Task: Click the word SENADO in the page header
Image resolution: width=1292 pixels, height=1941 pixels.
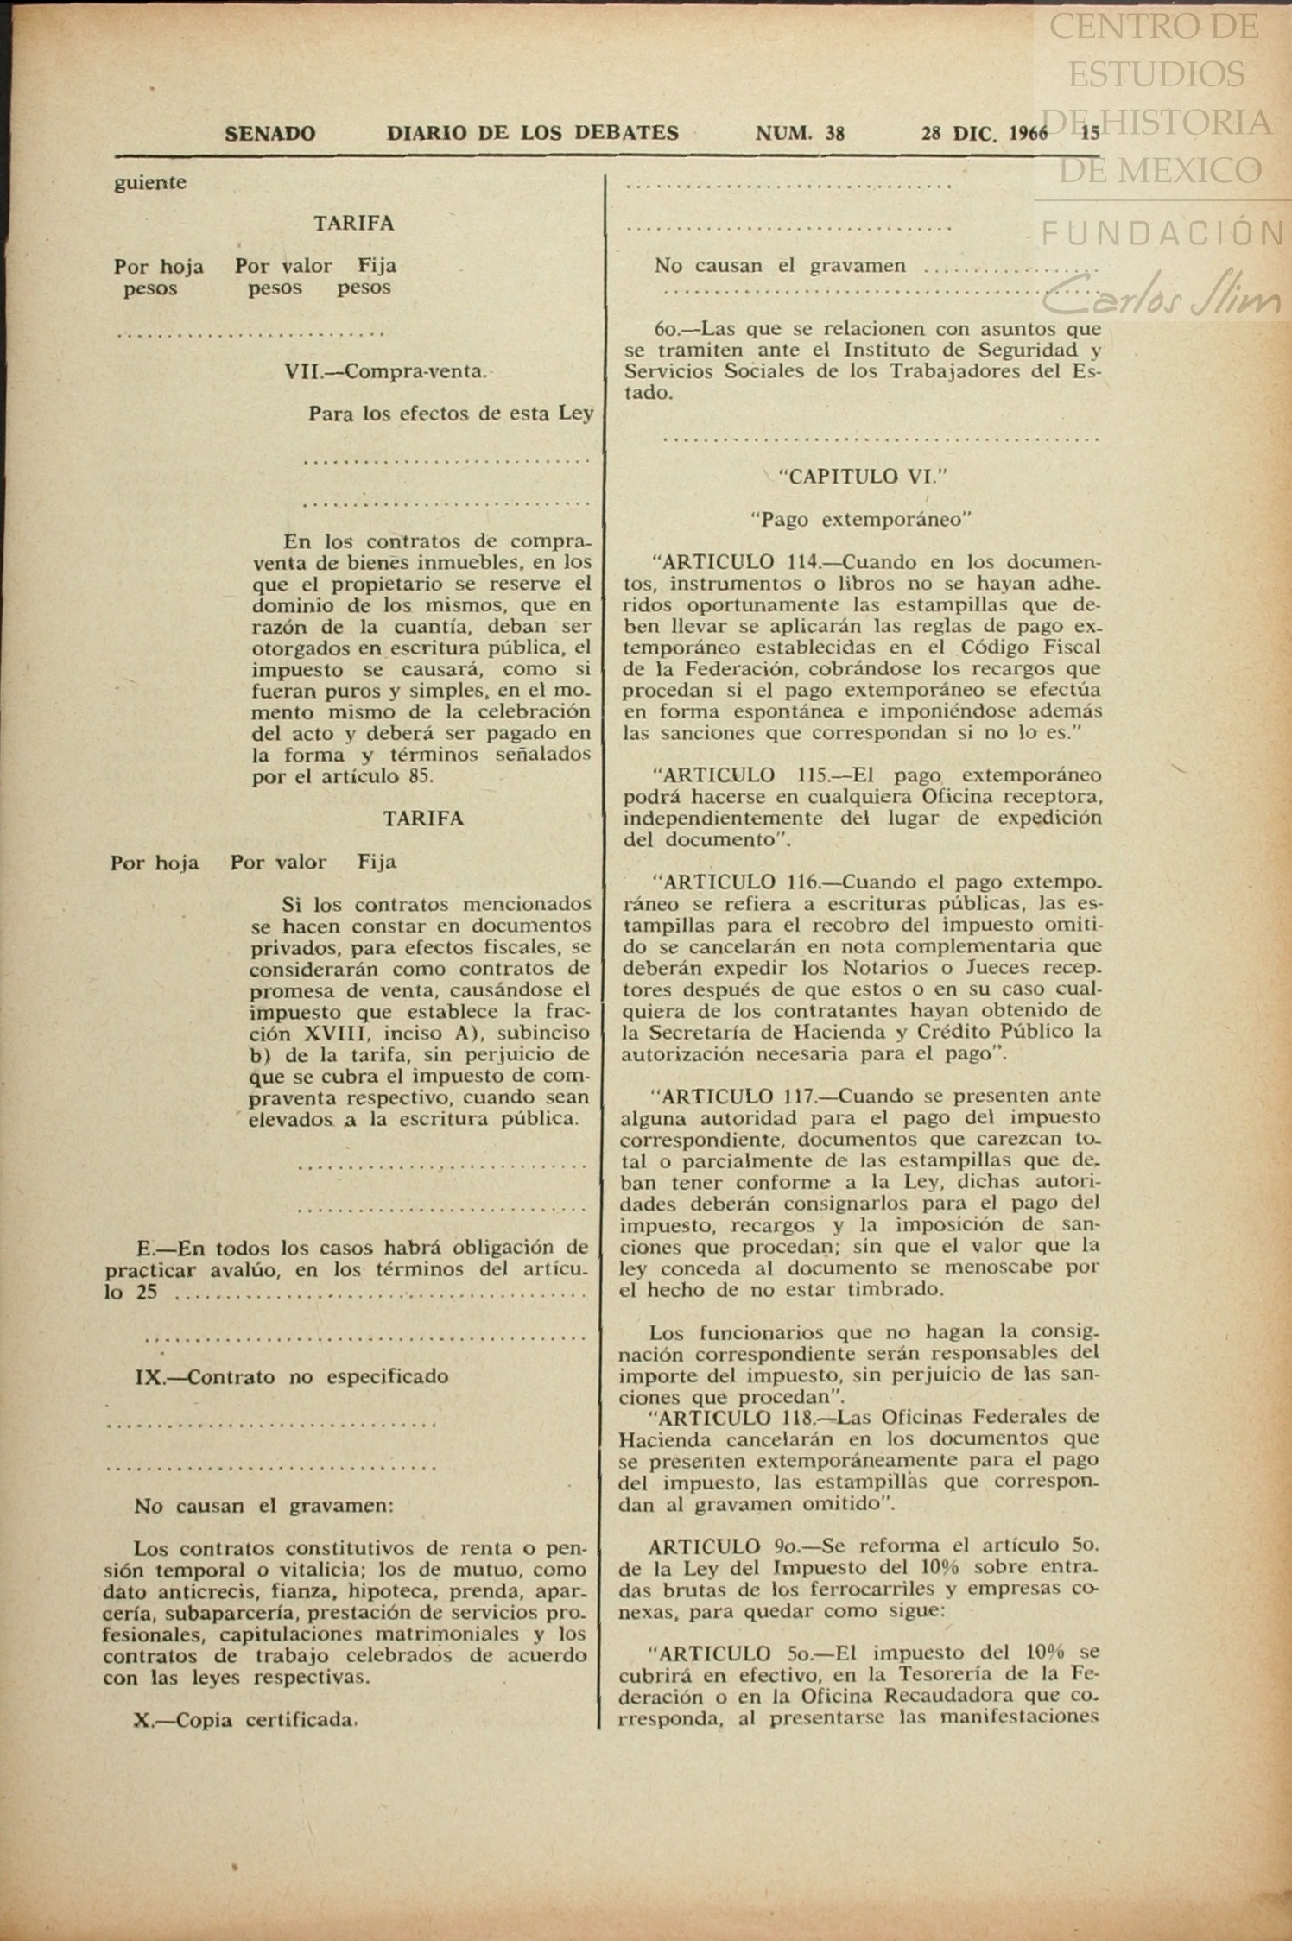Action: pyautogui.click(x=269, y=134)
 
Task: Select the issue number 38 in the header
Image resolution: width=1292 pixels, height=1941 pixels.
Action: pyautogui.click(x=834, y=134)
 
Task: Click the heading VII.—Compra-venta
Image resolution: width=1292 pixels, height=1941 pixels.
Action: pyautogui.click(x=385, y=372)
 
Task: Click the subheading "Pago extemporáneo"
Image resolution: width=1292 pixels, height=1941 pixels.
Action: pyautogui.click(x=861, y=520)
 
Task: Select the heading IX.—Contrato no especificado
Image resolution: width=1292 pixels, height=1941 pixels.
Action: pyautogui.click(x=292, y=1376)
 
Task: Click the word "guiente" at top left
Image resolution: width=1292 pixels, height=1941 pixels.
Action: pyautogui.click(x=150, y=183)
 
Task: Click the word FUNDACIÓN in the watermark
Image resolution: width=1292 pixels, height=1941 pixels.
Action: pyautogui.click(x=1162, y=233)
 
